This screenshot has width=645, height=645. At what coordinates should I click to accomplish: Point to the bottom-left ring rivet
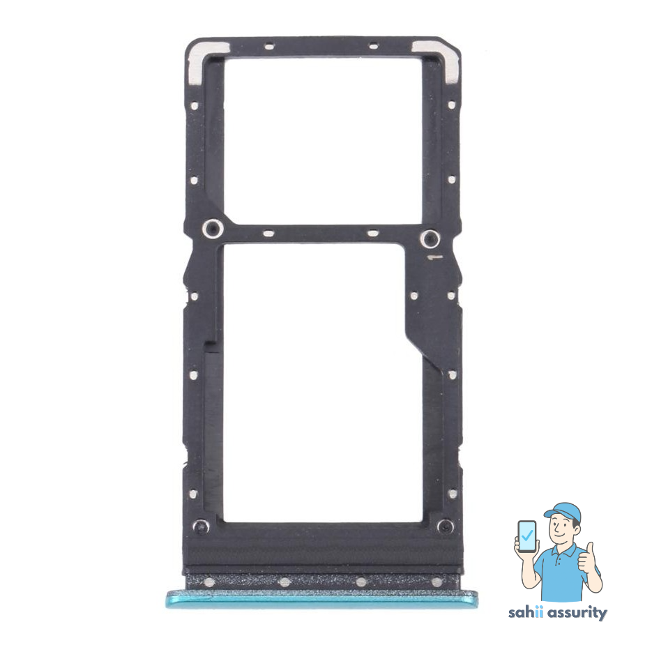click(200, 523)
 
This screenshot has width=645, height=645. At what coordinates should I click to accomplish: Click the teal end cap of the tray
click(321, 598)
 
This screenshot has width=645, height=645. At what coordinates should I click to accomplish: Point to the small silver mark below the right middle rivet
click(434, 258)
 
